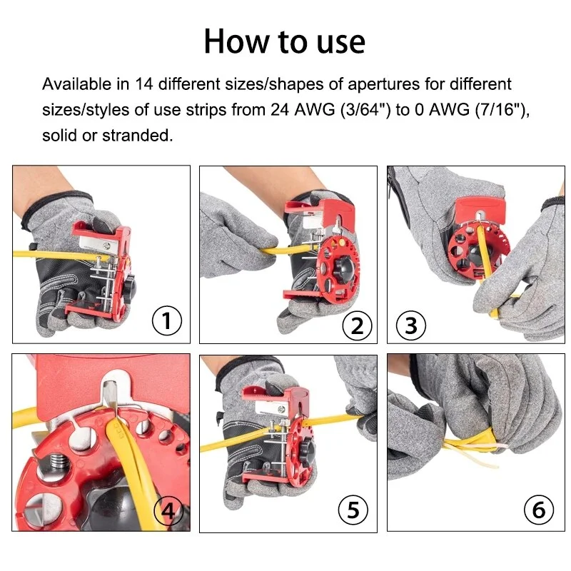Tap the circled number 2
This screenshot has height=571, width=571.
click(x=356, y=325)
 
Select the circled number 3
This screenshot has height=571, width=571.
click(x=410, y=325)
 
